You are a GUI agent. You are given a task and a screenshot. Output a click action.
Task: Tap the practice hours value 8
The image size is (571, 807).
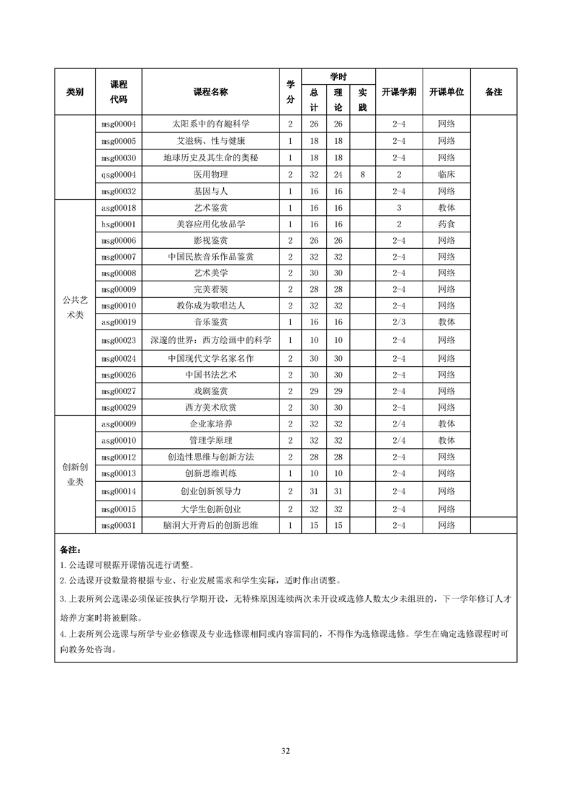point(363,174)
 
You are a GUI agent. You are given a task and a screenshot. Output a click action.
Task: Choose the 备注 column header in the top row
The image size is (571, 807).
point(493,92)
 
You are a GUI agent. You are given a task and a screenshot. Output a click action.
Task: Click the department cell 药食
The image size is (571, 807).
point(446,224)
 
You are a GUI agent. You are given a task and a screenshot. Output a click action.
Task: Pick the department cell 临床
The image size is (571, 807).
point(446,174)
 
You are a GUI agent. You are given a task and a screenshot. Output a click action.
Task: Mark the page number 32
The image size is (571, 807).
point(285,751)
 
